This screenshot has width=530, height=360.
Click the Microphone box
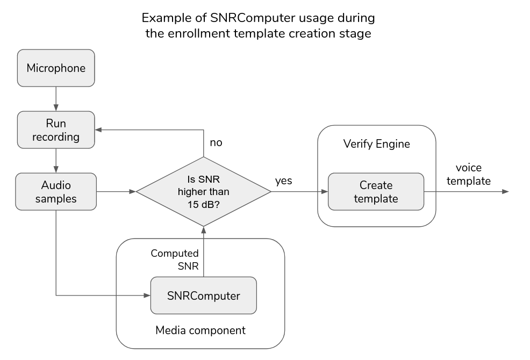click(x=56, y=68)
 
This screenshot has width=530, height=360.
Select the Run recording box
click(x=56, y=130)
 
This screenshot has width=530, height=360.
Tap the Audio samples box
click(x=56, y=192)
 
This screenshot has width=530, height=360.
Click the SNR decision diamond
click(x=204, y=191)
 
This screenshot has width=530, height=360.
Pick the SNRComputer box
click(x=204, y=295)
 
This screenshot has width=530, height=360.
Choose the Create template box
click(x=376, y=192)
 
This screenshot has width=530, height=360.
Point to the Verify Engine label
click(x=376, y=144)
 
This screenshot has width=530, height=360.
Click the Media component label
click(x=200, y=330)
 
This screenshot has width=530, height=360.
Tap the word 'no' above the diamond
click(x=216, y=143)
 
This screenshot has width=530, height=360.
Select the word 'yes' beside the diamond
click(x=283, y=181)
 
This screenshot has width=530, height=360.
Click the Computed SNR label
click(x=175, y=259)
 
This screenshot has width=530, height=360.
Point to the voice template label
click(x=469, y=174)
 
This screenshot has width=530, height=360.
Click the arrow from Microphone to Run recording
click(x=56, y=99)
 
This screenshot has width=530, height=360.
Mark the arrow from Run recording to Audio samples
click(x=56, y=160)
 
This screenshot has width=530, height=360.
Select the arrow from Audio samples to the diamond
click(x=116, y=191)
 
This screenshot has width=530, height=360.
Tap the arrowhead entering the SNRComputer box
click(x=147, y=295)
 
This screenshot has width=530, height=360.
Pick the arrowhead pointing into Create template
click(x=325, y=191)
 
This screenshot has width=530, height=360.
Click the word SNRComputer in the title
click(x=223, y=18)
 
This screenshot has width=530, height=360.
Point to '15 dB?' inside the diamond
click(x=204, y=204)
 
